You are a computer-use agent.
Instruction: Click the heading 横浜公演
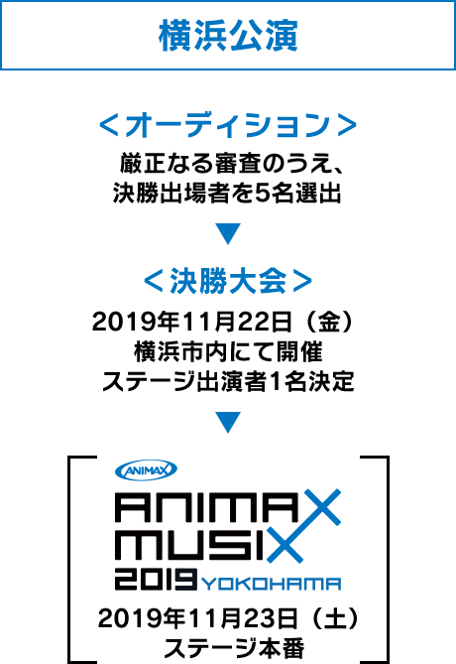click(x=228, y=36)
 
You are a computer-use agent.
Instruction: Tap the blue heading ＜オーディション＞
click(x=228, y=125)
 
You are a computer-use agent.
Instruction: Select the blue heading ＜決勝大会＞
click(x=228, y=281)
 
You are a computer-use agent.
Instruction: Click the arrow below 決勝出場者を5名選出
click(x=228, y=233)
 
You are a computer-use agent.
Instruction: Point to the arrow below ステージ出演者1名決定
click(x=228, y=422)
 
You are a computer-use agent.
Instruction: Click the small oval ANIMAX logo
click(x=146, y=469)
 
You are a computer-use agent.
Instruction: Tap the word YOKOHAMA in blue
click(x=272, y=584)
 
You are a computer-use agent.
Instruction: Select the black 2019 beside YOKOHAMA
click(x=156, y=580)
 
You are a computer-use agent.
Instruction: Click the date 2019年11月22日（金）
click(x=223, y=323)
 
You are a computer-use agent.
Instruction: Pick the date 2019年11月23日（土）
click(x=228, y=618)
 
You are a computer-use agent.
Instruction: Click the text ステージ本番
click(x=234, y=648)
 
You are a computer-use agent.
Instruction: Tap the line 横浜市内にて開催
click(x=228, y=352)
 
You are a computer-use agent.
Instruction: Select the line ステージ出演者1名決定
click(x=228, y=381)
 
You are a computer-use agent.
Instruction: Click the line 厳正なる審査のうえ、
click(x=231, y=164)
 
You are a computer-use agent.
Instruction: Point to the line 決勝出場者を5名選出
click(x=227, y=194)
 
